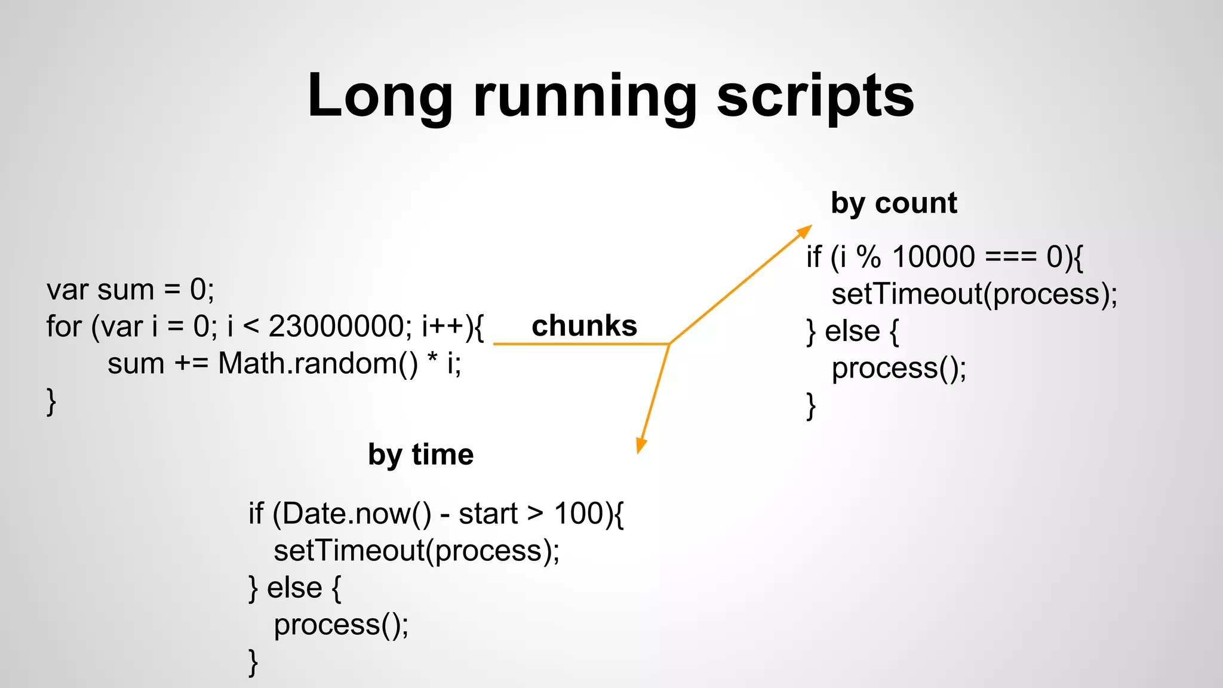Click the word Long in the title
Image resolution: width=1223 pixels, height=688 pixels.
point(380,96)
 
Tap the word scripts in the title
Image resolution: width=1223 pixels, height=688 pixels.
point(815,96)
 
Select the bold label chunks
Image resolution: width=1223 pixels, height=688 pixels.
point(584,326)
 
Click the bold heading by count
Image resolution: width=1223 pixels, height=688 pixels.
point(893,203)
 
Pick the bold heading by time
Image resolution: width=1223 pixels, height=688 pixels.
point(420,454)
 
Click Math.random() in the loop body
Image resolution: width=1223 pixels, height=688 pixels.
point(318,364)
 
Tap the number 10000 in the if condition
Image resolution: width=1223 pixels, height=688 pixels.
point(933,257)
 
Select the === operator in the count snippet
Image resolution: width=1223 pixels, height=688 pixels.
point(1010,257)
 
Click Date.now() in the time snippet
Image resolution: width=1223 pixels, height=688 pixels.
point(357,514)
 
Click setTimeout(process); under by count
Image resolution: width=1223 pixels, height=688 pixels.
point(974,294)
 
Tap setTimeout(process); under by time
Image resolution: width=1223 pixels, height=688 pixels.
point(416,551)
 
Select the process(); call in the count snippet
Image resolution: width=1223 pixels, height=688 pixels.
point(899,368)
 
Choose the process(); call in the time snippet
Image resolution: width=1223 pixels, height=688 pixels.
point(341,625)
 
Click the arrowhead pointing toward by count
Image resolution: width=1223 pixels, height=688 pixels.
point(806,231)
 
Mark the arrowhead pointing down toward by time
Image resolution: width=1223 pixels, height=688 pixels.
point(641,446)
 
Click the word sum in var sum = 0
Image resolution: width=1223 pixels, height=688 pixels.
point(125,290)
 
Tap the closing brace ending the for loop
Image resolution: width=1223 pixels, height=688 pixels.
point(51,401)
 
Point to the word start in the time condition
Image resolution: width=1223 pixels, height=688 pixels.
point(488,514)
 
